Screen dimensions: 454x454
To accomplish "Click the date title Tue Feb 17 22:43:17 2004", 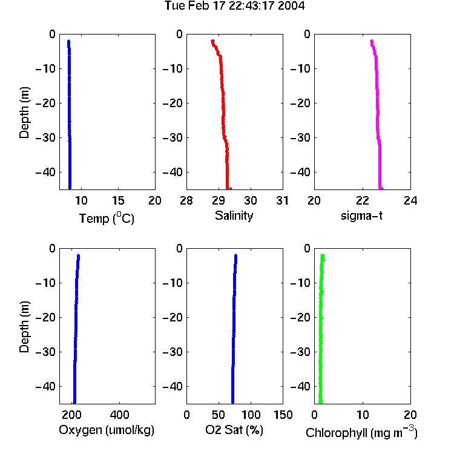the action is click(x=234, y=5).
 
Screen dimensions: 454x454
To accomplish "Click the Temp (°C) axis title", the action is click(x=107, y=218).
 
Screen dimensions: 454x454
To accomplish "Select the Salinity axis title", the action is click(x=234, y=215).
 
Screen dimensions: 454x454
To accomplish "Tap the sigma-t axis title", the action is click(x=361, y=215).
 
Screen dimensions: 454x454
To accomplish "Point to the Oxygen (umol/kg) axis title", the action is click(x=107, y=430).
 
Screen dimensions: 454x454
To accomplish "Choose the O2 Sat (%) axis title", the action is click(x=234, y=430).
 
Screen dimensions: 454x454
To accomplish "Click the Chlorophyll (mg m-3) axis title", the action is click(x=361, y=432).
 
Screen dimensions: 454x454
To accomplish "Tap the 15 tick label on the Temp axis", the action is click(x=118, y=200).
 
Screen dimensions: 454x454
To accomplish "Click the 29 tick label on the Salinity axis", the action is click(x=219, y=200).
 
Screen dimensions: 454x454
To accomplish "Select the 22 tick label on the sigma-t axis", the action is click(x=363, y=200).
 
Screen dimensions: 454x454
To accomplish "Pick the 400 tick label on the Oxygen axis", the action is click(x=119, y=415).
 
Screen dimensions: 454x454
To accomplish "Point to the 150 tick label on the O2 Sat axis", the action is click(x=283, y=415).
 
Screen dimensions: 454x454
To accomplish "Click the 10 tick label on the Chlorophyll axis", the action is click(x=363, y=415).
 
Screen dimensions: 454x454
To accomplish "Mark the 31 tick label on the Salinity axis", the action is click(x=282, y=200).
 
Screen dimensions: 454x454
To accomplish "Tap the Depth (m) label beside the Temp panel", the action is click(x=24, y=113).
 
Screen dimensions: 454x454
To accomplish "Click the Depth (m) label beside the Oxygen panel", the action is click(x=24, y=327).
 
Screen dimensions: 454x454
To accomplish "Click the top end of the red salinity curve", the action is click(x=212, y=41).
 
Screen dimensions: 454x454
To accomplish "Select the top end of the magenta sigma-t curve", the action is click(x=372, y=41).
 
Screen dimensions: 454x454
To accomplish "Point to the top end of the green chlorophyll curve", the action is click(x=323, y=255).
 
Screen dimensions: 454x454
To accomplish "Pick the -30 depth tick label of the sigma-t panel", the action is click(x=300, y=137).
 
